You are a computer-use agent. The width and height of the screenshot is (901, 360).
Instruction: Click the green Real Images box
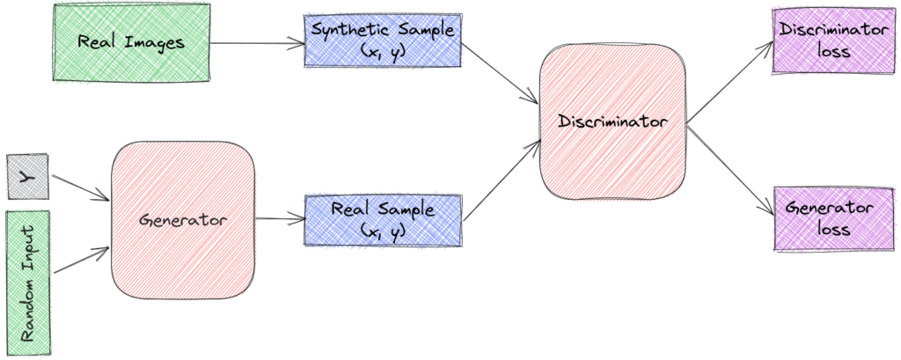point(131,42)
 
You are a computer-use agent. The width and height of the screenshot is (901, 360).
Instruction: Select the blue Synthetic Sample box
point(383,40)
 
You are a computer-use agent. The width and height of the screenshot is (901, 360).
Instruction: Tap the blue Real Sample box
point(383,220)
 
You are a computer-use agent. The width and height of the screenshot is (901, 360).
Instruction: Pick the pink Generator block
point(183,220)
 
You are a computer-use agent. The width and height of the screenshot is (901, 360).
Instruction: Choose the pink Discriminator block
point(613,122)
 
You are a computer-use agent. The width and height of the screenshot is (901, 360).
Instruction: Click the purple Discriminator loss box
point(834,40)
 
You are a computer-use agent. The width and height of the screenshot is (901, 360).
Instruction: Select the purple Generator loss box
point(834,218)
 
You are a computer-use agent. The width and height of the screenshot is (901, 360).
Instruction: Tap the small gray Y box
point(27,177)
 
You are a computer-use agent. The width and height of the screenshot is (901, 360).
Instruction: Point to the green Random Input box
point(27,283)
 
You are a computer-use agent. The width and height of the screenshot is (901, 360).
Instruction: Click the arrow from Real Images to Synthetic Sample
point(258,42)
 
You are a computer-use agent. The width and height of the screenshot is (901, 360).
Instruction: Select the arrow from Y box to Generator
point(80,188)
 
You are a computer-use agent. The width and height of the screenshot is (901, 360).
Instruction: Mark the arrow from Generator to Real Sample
point(280,218)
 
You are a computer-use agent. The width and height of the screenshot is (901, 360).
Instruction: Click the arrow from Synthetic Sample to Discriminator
point(500,74)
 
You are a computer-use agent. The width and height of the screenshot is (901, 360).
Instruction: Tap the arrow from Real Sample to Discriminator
point(502,180)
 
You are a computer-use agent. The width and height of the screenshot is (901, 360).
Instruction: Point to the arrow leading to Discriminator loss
point(730,82)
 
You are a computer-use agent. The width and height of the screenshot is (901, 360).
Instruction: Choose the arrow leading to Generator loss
point(730,169)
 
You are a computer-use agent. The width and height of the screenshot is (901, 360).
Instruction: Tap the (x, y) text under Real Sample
point(383,231)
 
